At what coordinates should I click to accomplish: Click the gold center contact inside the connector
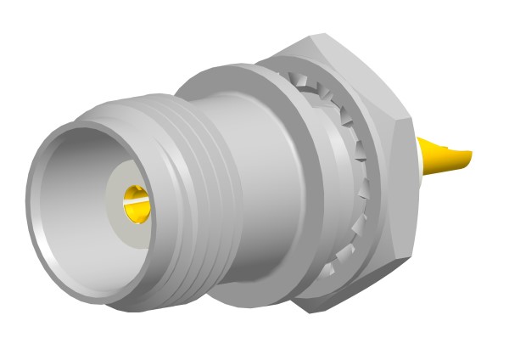click(x=134, y=205)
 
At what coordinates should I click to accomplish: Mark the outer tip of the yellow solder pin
click(x=467, y=155)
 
